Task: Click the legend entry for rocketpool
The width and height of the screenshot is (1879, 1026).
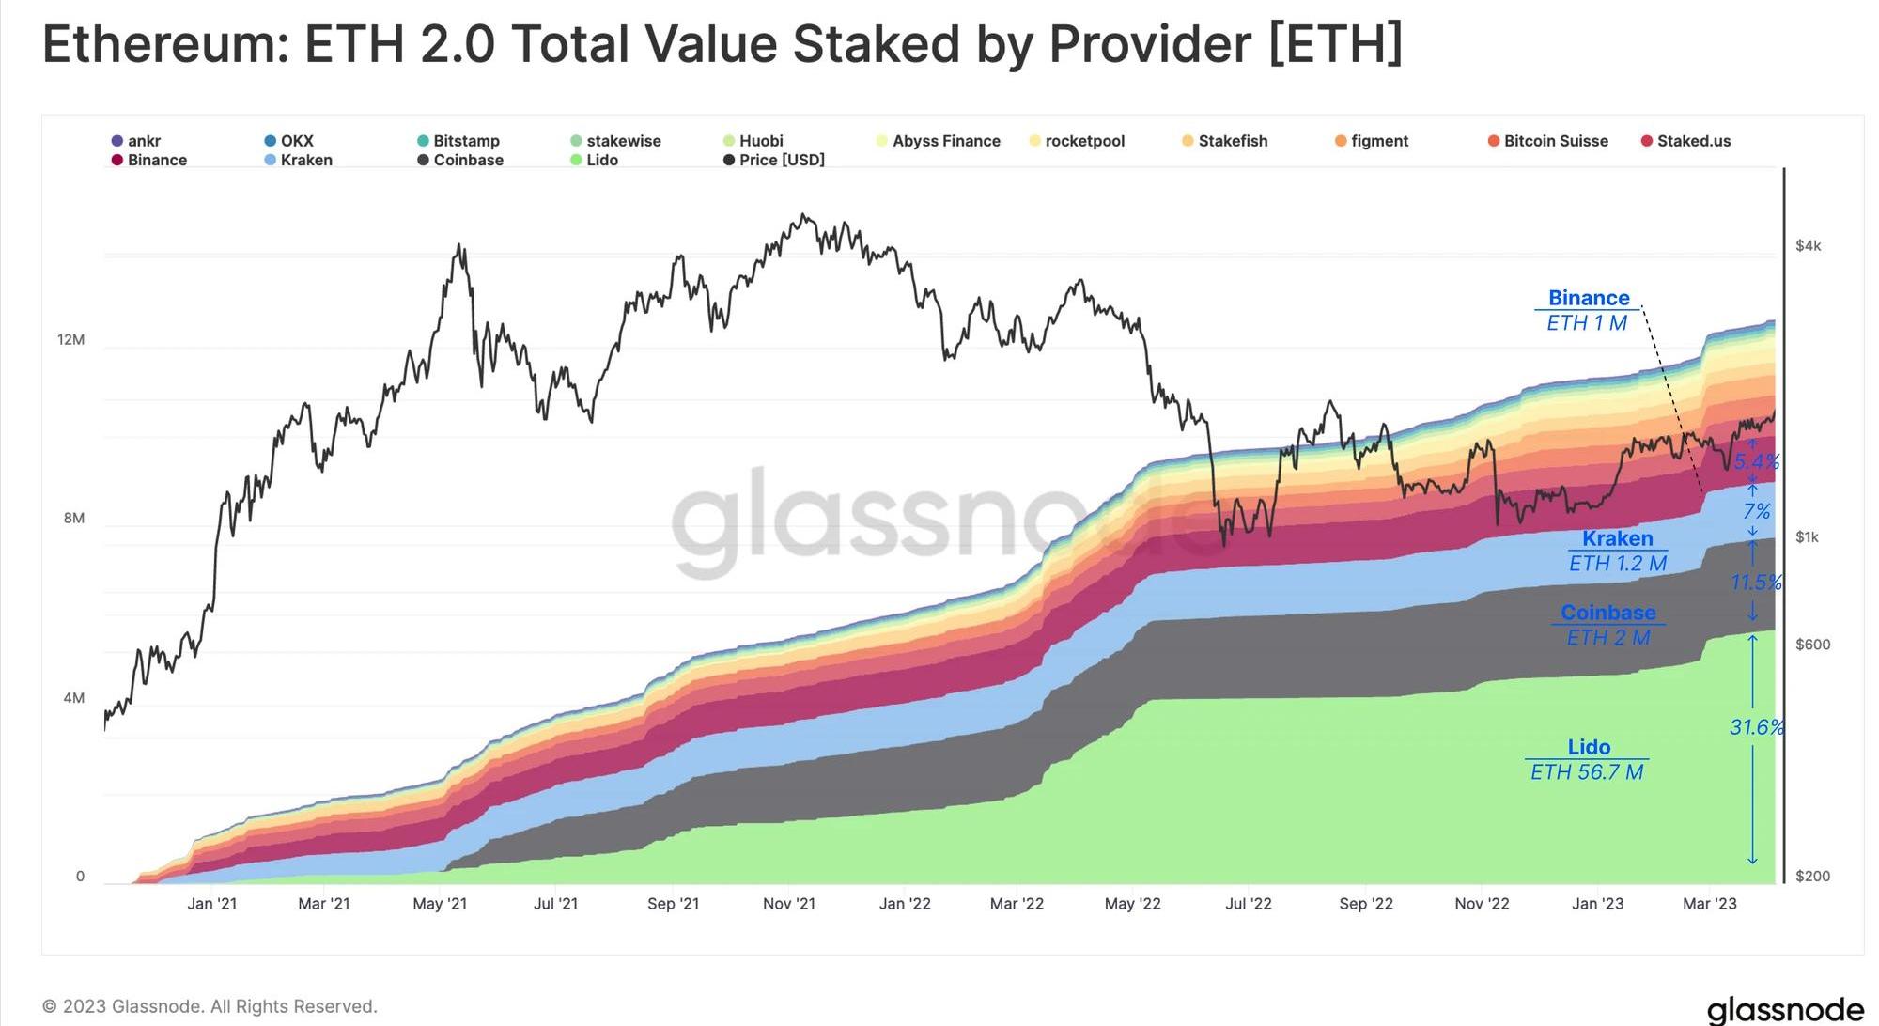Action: tap(1083, 141)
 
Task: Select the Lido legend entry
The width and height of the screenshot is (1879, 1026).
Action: tap(601, 161)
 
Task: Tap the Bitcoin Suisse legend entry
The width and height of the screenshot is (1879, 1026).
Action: tap(1555, 141)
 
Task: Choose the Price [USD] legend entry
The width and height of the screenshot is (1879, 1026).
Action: tap(781, 161)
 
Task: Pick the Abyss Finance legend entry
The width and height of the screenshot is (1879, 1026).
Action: tap(945, 141)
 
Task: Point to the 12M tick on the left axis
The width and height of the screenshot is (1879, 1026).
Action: tap(71, 339)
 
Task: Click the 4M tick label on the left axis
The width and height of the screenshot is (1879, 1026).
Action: tap(74, 698)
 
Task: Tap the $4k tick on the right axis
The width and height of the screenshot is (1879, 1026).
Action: tap(1808, 246)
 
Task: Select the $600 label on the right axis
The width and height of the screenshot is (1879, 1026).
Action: tap(1812, 645)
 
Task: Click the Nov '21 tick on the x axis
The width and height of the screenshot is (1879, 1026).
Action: tap(789, 904)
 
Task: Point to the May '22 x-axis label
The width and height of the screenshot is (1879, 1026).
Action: tap(1132, 904)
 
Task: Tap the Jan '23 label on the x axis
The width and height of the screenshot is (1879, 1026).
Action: tap(1597, 904)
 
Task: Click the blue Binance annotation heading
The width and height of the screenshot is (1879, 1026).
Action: tap(1589, 298)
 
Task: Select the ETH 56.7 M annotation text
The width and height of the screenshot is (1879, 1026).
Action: tap(1587, 772)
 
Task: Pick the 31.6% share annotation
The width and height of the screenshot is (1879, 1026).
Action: tap(1756, 727)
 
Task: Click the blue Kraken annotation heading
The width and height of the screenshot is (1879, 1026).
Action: tap(1617, 538)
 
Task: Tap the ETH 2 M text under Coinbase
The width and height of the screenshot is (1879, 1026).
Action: tap(1607, 638)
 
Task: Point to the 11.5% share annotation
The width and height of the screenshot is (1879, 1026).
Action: tap(1756, 583)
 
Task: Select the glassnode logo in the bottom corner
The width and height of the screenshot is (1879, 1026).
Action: tap(1784, 1009)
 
